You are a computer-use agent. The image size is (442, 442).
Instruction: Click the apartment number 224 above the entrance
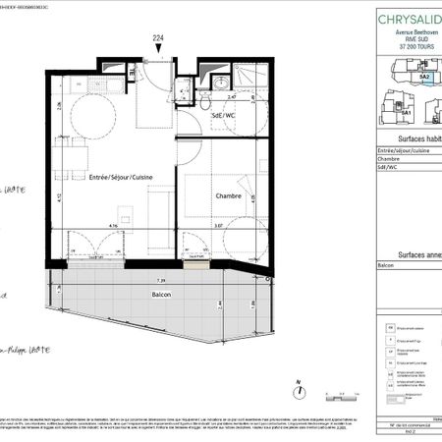click(157, 39)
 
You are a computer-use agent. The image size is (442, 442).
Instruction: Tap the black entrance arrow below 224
click(157, 50)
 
